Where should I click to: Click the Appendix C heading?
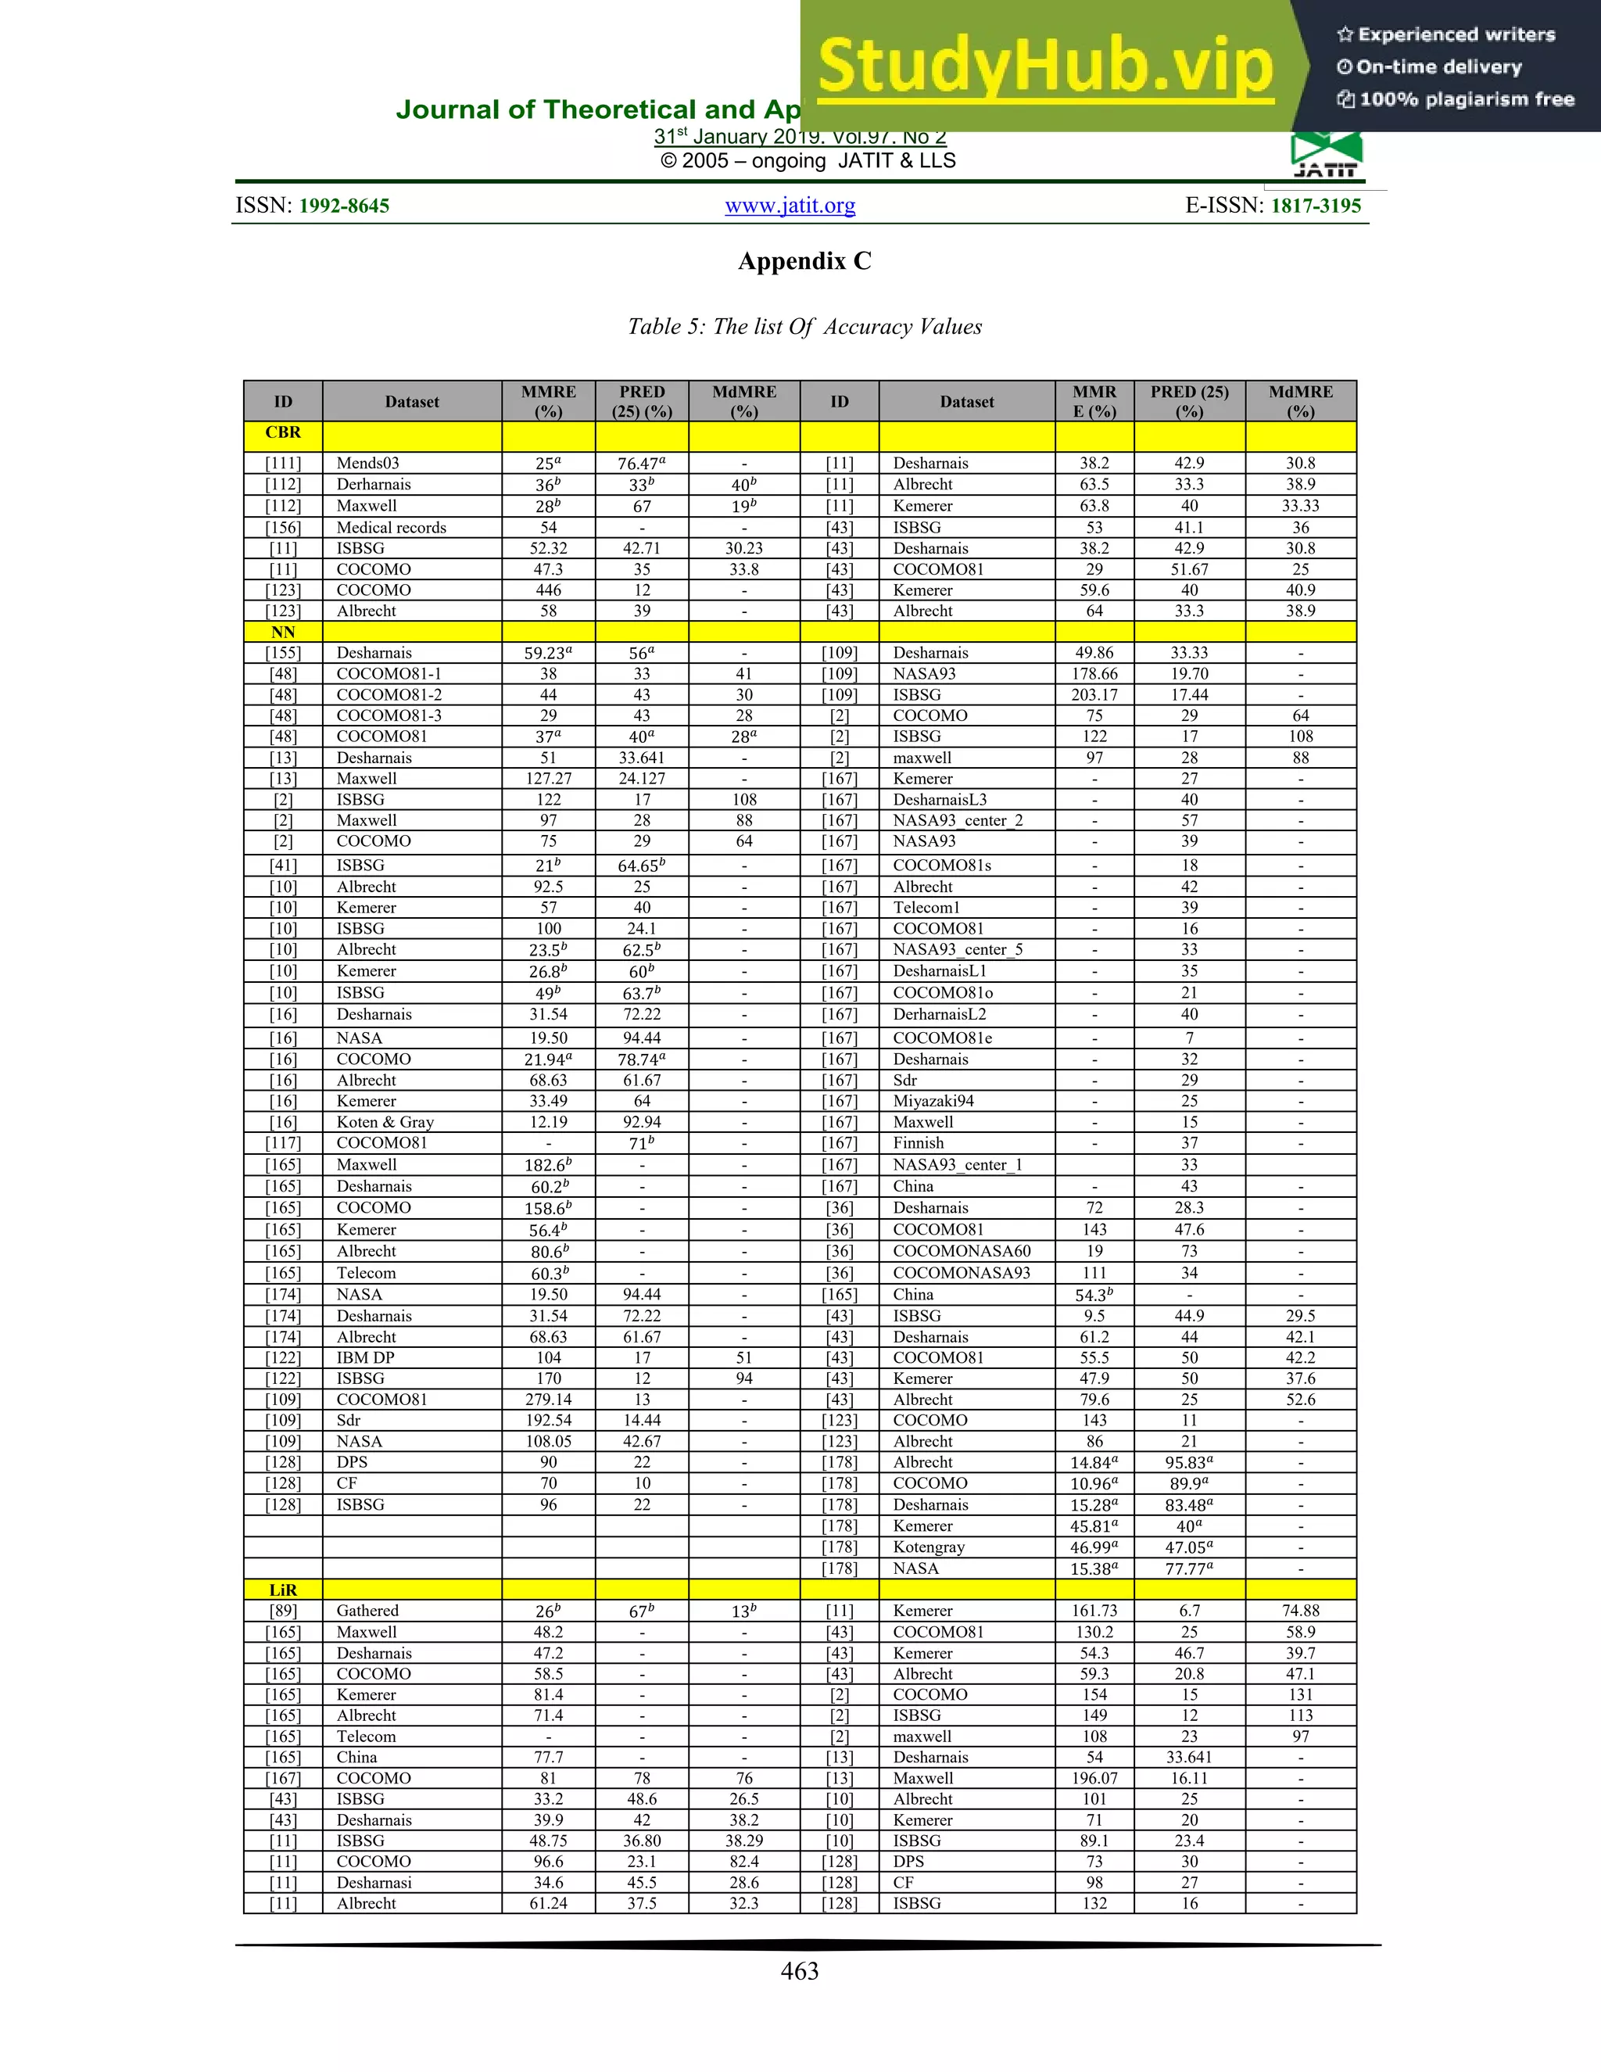[x=804, y=261]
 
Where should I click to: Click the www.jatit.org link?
[x=790, y=205]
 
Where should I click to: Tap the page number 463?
[x=799, y=1970]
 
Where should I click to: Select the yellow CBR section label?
[x=283, y=432]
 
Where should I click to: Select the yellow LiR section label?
[x=283, y=1589]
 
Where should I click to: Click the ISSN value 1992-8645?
[x=343, y=206]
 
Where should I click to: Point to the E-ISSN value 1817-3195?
[x=1315, y=206]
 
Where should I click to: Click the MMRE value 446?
[x=548, y=590]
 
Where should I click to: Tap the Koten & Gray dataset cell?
[x=385, y=1121]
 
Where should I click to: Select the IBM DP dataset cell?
[x=365, y=1357]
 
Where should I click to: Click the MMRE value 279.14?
[x=548, y=1400]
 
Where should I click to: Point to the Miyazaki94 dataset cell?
[x=933, y=1101]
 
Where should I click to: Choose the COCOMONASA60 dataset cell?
[x=961, y=1251]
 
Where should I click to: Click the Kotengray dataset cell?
[x=929, y=1547]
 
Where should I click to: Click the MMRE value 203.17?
[x=1094, y=694]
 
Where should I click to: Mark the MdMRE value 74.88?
[x=1300, y=1610]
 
